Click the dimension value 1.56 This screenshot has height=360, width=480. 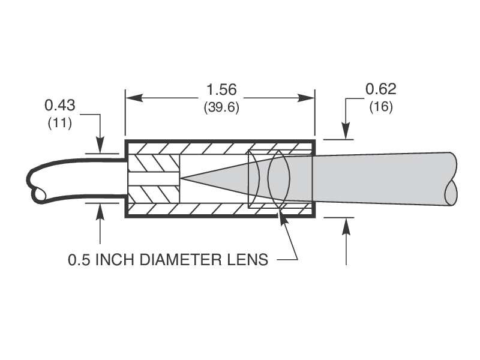(221, 90)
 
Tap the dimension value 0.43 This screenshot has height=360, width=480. (59, 106)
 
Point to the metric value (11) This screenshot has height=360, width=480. (59, 124)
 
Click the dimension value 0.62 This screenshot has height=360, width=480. (381, 89)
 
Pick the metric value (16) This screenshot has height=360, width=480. (381, 107)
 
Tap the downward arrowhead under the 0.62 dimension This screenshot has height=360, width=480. (346, 133)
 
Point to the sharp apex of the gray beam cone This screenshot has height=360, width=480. (181, 178)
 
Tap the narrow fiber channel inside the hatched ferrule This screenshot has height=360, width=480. (154, 179)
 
